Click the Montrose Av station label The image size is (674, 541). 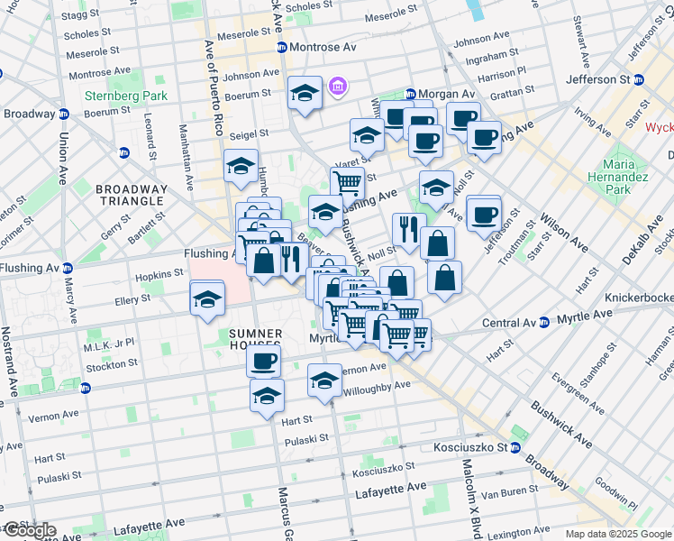point(323,47)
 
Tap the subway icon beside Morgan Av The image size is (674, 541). point(410,94)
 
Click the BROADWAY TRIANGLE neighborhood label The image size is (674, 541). point(132,195)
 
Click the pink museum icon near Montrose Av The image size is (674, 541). point(338,87)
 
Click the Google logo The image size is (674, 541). point(29,530)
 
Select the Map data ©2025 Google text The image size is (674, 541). point(619,534)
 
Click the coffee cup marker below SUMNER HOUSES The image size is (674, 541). point(264,362)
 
